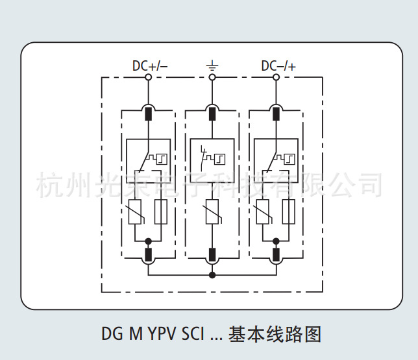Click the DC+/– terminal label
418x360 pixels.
tap(149, 66)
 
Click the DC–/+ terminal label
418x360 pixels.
tap(278, 66)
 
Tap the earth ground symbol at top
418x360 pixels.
tap(212, 65)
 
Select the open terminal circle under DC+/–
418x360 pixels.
tap(149, 78)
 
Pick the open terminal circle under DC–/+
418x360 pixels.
tap(276, 78)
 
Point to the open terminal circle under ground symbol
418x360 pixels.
tap(212, 78)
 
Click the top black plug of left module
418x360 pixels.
tap(149, 114)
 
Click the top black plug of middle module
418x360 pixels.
tap(212, 114)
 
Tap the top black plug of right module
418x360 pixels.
tap(276, 114)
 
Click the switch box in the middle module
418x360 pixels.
tap(212, 158)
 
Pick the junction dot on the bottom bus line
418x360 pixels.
tap(212, 275)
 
